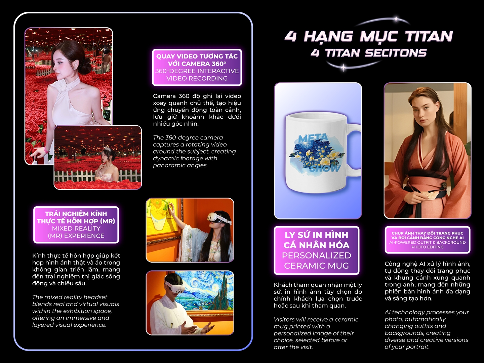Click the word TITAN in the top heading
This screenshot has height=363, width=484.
[429, 37]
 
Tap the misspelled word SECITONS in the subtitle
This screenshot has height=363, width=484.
[396, 53]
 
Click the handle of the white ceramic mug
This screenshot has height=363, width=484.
[354, 150]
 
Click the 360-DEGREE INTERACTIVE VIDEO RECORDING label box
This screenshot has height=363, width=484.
[197, 67]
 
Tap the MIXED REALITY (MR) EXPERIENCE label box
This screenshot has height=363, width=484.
[76, 225]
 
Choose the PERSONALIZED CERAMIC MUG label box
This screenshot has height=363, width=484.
[317, 250]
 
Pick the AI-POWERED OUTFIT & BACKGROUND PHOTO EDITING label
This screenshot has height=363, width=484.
[427, 240]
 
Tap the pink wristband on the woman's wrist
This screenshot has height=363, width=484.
[46, 150]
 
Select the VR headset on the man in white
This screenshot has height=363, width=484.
[173, 286]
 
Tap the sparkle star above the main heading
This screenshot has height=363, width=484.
[396, 19]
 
